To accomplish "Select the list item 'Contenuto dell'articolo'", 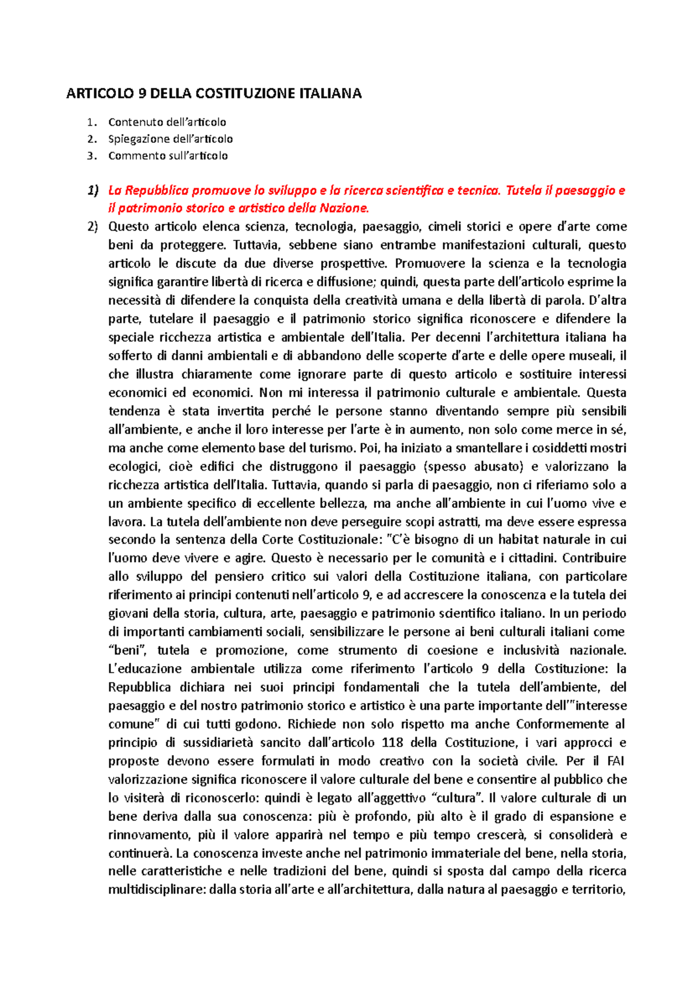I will click(167, 122).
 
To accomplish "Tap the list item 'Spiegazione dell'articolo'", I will click(170, 139).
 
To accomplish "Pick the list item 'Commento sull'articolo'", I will click(167, 155).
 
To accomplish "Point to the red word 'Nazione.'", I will click(344, 208).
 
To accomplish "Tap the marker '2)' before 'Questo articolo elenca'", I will click(92, 226).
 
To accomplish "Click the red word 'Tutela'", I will click(524, 191).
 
